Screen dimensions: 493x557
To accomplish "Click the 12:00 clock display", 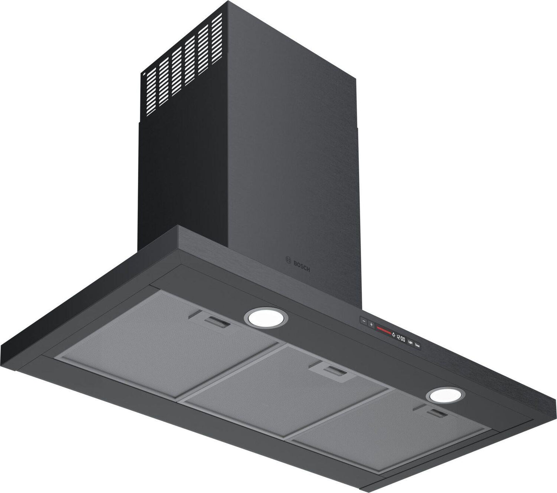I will tap(401, 339).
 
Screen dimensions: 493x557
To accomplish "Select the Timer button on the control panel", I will tap(417, 347).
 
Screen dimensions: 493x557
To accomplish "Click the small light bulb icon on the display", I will tap(394, 335).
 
